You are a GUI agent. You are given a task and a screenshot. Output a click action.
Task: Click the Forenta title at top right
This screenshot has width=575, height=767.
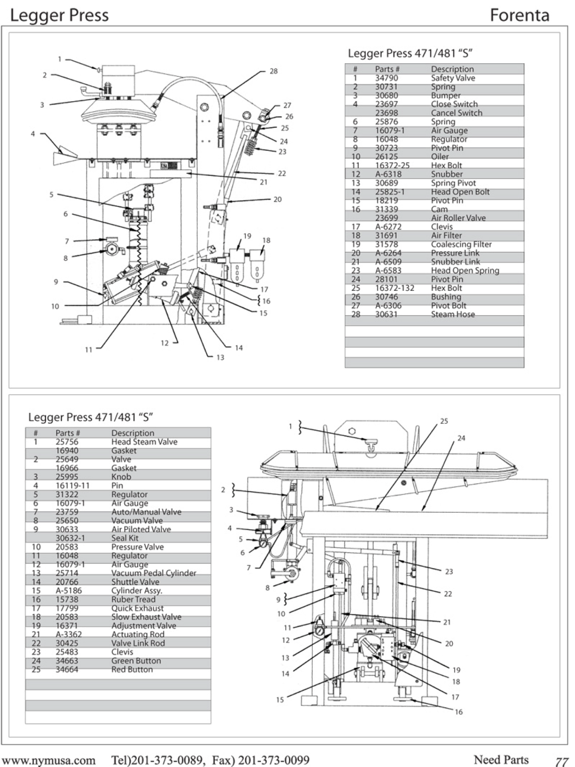click(519, 15)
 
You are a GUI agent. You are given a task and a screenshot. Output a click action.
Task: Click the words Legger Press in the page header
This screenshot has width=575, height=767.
click(59, 15)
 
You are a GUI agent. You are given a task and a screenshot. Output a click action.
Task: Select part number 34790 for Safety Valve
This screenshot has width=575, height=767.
click(386, 78)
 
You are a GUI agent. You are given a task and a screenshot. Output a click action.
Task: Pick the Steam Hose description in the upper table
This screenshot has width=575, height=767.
click(452, 314)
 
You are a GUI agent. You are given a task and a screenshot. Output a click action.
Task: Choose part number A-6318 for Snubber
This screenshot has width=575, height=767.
click(388, 174)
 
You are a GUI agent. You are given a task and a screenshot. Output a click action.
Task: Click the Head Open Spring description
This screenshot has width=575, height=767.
click(465, 271)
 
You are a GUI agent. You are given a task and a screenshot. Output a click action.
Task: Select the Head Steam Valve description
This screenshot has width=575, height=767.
click(144, 442)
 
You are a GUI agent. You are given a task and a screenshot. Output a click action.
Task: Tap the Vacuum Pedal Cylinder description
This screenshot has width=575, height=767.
click(153, 573)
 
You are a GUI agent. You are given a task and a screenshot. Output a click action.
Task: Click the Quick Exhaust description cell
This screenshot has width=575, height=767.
click(137, 608)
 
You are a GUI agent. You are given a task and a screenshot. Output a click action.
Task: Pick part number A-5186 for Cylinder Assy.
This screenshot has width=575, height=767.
click(69, 591)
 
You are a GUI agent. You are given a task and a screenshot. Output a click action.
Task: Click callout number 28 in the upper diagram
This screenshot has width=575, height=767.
click(273, 71)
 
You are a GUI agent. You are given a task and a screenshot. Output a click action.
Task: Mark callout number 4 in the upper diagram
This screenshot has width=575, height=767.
click(33, 134)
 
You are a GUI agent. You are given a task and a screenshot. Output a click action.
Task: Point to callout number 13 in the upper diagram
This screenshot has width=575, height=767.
click(220, 358)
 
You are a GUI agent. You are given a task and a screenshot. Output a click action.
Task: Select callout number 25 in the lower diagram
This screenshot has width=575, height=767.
click(444, 421)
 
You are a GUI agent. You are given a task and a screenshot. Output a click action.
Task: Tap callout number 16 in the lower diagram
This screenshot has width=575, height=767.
click(459, 712)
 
